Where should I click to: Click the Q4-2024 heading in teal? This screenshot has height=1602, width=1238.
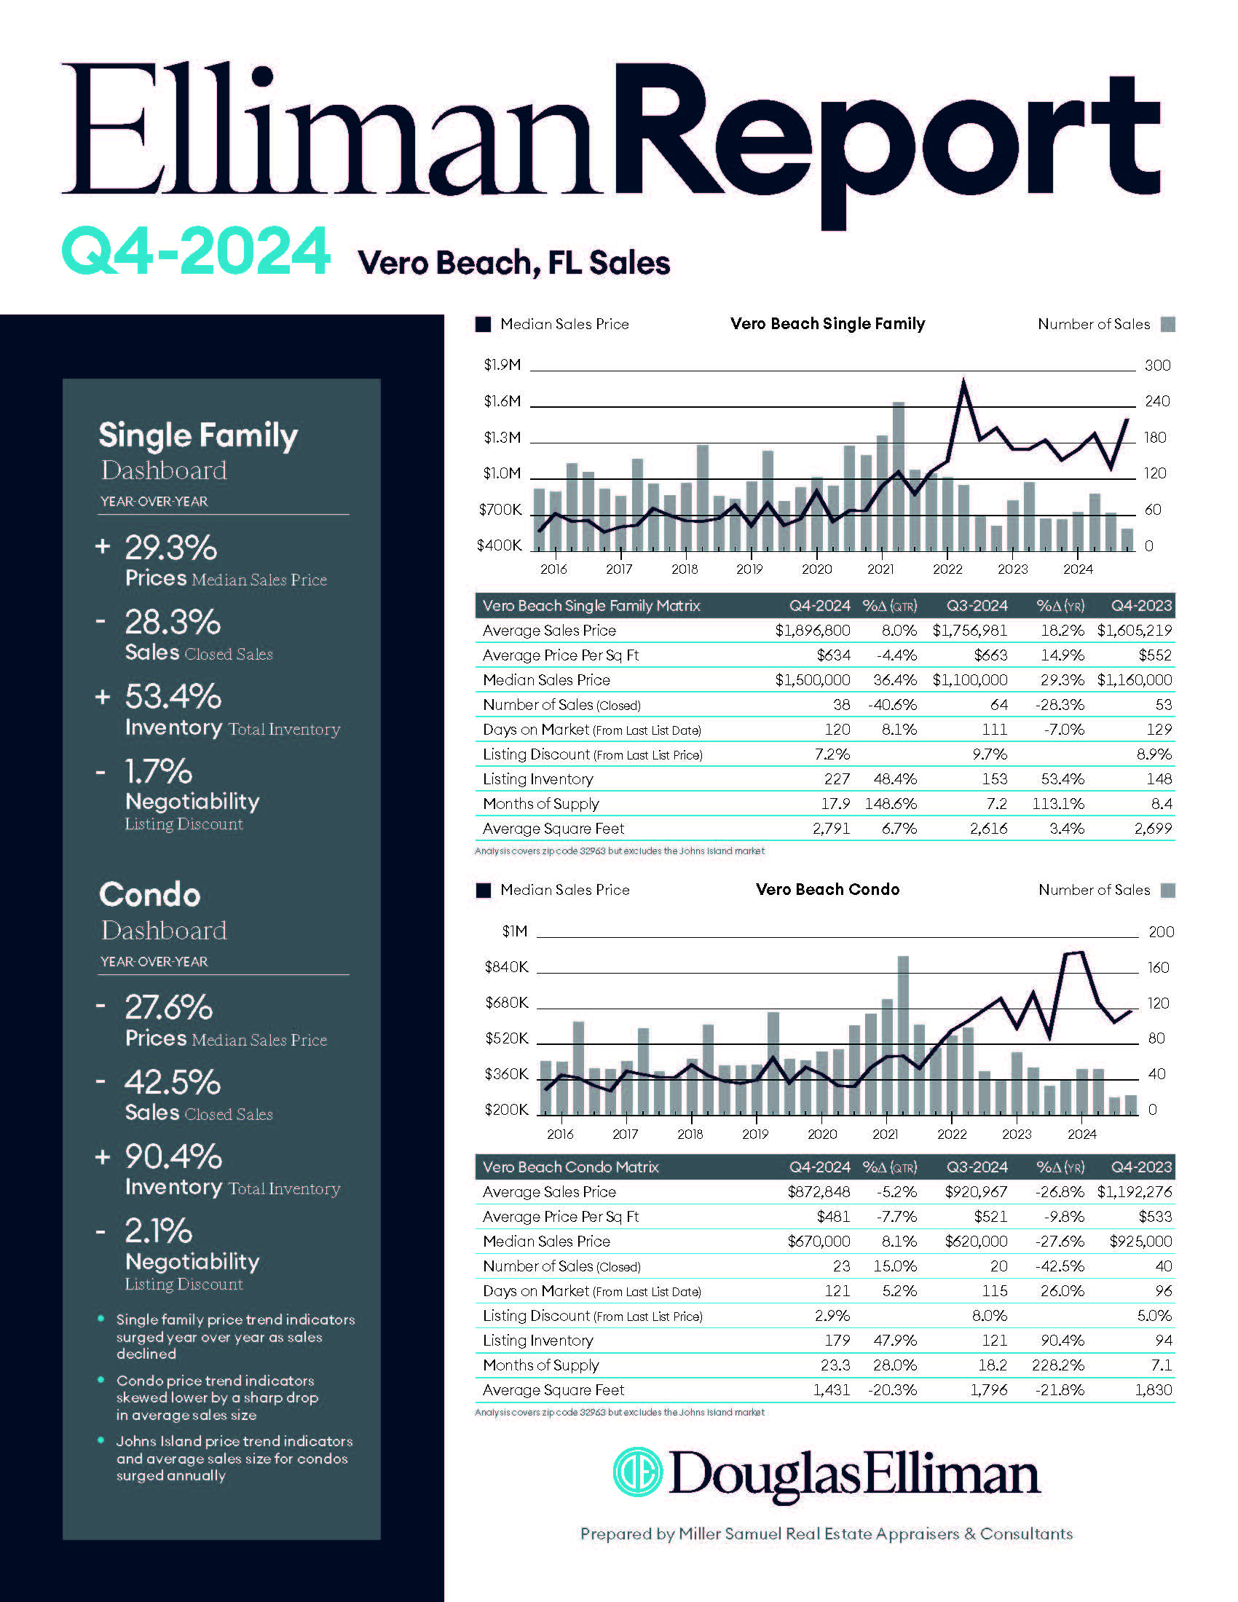click(x=196, y=252)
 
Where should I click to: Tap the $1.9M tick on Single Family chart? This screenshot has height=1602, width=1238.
click(x=502, y=366)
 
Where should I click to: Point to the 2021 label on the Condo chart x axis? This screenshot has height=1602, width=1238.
click(x=886, y=1134)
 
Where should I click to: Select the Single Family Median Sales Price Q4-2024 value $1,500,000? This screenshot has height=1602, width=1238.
click(x=812, y=680)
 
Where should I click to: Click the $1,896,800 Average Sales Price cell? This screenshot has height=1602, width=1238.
click(x=812, y=630)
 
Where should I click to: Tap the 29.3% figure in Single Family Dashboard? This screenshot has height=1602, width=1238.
click(x=170, y=548)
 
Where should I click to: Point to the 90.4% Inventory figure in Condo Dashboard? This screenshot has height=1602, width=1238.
click(x=173, y=1157)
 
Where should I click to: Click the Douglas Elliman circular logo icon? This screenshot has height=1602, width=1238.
click(x=637, y=1472)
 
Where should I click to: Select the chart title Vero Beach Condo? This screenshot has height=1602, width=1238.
click(x=827, y=889)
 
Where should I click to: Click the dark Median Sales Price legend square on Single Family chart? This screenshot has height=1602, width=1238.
click(x=484, y=324)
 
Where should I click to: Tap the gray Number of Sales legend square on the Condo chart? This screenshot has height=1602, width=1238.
click(x=1168, y=891)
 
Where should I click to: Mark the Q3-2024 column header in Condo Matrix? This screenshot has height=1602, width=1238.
click(x=976, y=1167)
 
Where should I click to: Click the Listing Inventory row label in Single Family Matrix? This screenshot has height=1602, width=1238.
click(x=537, y=779)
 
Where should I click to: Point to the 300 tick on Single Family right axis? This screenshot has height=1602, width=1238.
click(x=1157, y=366)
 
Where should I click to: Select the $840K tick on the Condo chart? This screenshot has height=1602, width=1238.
click(x=506, y=967)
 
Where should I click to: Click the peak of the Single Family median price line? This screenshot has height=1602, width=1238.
click(x=963, y=380)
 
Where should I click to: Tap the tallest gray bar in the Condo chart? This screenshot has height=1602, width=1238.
click(x=903, y=1034)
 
